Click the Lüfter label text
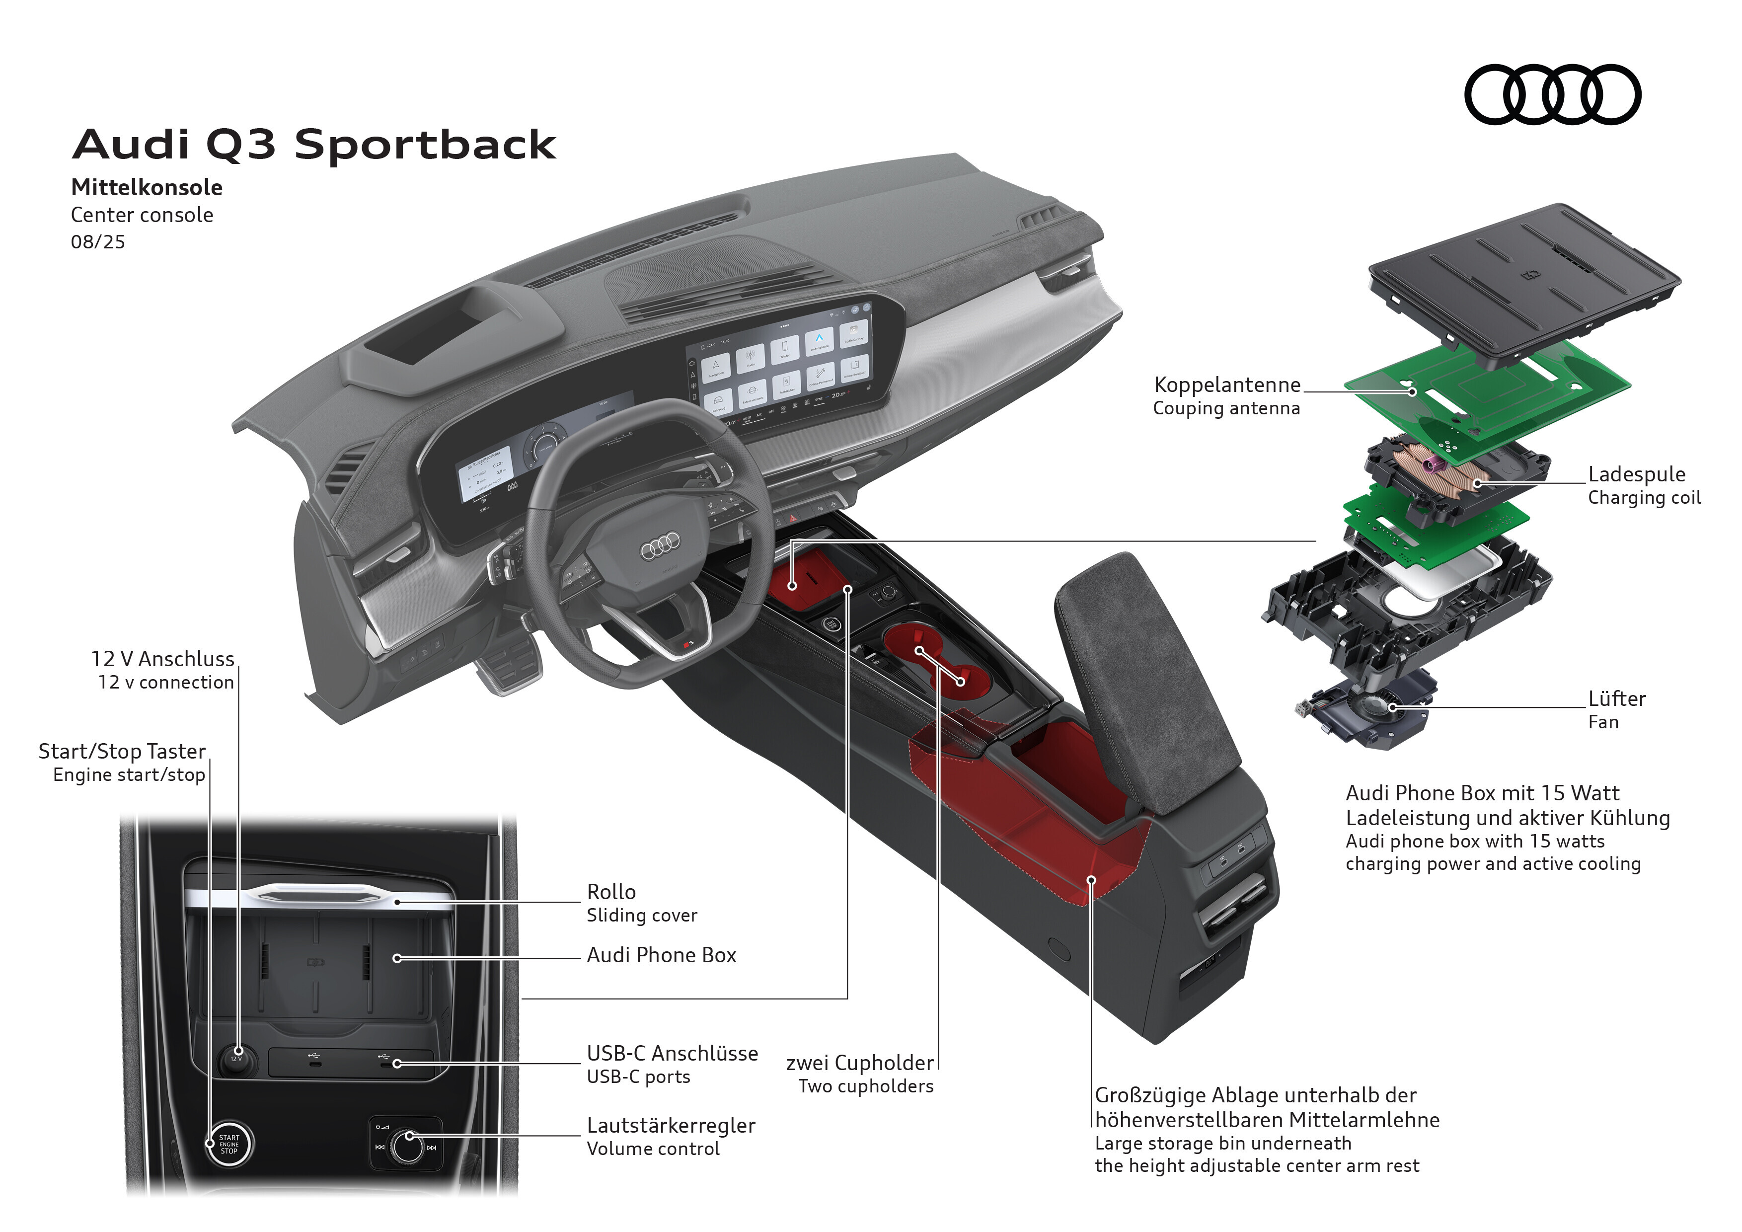pos(1617,698)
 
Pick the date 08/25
pos(98,242)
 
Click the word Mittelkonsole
pos(147,187)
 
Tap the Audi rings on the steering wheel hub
pos(660,544)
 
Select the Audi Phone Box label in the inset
pos(661,955)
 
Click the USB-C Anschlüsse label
pos(672,1053)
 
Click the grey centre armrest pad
pos(1145,683)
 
